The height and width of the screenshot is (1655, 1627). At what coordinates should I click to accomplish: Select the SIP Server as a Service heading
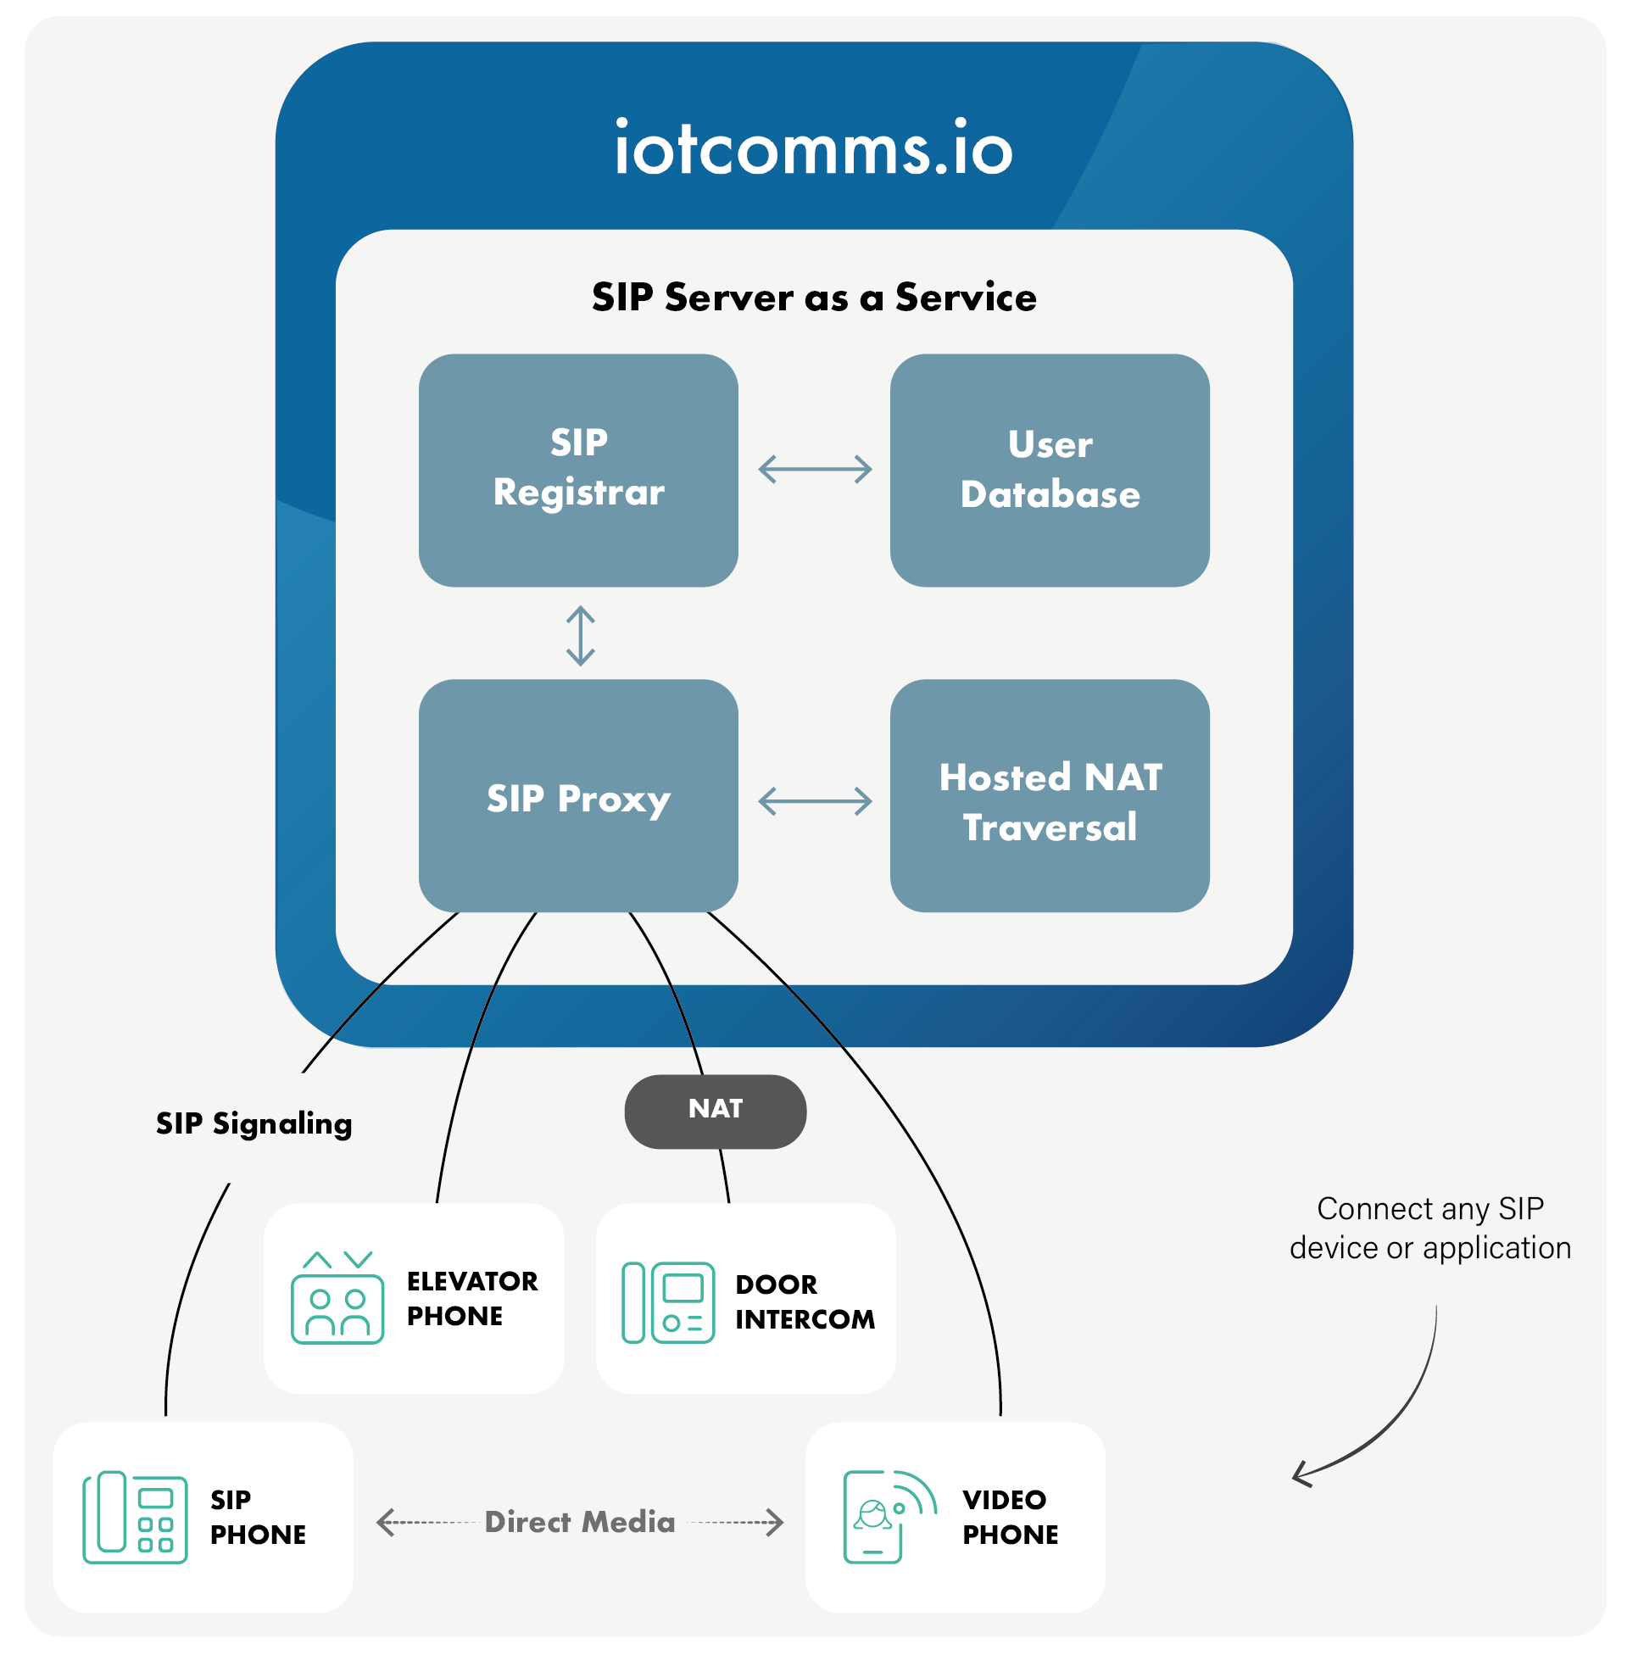[x=814, y=298]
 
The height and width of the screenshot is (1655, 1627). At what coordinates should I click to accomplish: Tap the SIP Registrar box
[x=578, y=470]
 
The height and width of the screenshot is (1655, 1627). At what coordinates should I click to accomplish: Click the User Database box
[x=1050, y=470]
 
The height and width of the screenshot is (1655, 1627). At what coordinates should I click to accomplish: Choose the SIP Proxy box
[x=578, y=795]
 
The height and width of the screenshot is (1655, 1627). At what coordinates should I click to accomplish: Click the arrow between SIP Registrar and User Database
[x=815, y=469]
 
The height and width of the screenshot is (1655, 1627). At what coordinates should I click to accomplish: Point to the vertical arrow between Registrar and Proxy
[x=580, y=636]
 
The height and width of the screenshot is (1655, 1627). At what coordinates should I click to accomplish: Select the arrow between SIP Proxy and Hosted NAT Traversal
[x=815, y=800]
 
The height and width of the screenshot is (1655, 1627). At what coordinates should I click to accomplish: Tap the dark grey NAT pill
[x=716, y=1111]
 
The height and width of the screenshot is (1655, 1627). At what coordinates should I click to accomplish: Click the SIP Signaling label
[x=254, y=1123]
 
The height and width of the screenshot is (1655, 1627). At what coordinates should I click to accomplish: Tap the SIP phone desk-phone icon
[x=135, y=1518]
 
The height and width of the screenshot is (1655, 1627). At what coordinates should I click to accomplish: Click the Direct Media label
[x=579, y=1522]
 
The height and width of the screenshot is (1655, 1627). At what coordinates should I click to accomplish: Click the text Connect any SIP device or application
[x=1429, y=1229]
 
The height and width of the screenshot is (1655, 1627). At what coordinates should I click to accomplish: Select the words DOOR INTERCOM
[x=804, y=1301]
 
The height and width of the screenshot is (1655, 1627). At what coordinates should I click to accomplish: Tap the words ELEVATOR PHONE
[x=471, y=1298]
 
